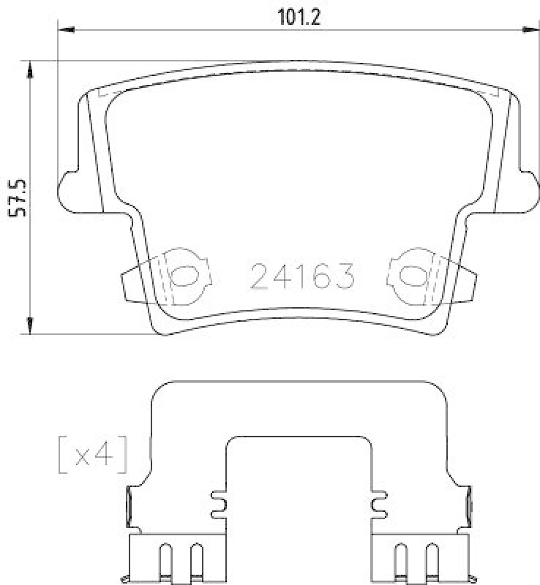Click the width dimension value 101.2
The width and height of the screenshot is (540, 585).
point(299,17)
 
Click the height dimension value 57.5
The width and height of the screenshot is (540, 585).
point(19,198)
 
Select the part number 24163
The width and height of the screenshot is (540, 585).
point(302,276)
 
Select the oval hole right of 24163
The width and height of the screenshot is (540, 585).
point(411,276)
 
